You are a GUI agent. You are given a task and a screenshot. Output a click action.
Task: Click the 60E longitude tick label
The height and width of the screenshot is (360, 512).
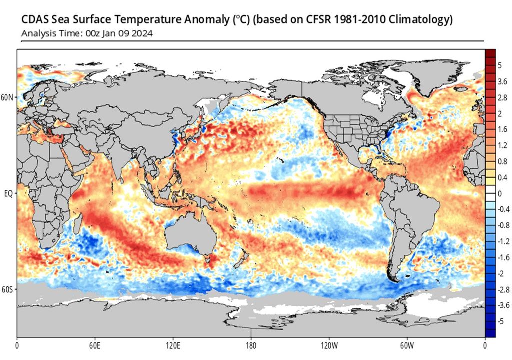(95, 345)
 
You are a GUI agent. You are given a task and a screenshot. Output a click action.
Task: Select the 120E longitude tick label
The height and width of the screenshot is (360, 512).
(173, 345)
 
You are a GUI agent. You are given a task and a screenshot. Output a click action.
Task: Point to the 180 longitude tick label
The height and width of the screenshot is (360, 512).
(251, 345)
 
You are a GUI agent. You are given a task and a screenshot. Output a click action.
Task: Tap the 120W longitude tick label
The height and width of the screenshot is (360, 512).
(329, 345)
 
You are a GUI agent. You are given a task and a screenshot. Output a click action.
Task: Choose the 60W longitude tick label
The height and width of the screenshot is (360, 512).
(407, 345)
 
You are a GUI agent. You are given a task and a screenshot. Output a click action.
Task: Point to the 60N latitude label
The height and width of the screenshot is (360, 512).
(8, 97)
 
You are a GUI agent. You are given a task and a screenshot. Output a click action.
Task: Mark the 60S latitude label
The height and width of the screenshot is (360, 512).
(8, 289)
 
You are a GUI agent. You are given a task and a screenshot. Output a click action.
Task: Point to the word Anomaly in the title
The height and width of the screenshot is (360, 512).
(202, 20)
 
